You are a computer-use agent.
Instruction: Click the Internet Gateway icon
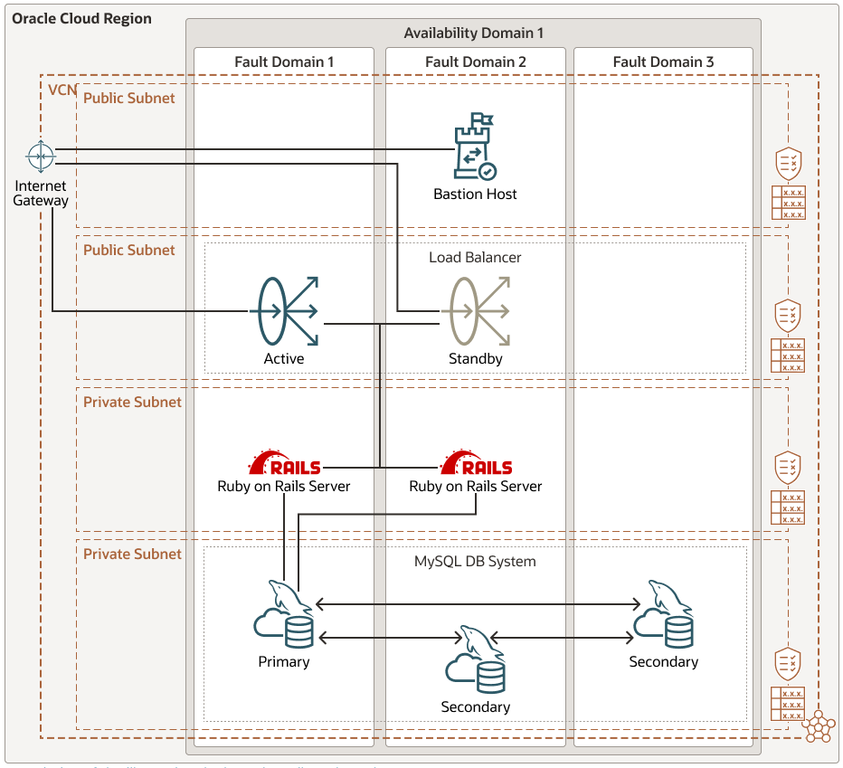(40, 156)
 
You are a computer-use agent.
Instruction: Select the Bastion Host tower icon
(475, 147)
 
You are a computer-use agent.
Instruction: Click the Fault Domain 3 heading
(663, 62)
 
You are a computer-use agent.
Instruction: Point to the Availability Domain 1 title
(473, 33)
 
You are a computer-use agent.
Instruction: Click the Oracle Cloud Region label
(81, 18)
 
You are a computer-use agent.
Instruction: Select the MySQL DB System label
(475, 561)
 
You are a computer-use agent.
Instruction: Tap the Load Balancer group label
(475, 257)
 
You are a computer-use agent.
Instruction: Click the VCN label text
(62, 91)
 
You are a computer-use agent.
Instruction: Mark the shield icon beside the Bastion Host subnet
(789, 164)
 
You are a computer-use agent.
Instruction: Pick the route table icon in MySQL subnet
(788, 704)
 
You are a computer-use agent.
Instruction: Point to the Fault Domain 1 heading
(284, 62)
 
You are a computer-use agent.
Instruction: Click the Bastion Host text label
(475, 194)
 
